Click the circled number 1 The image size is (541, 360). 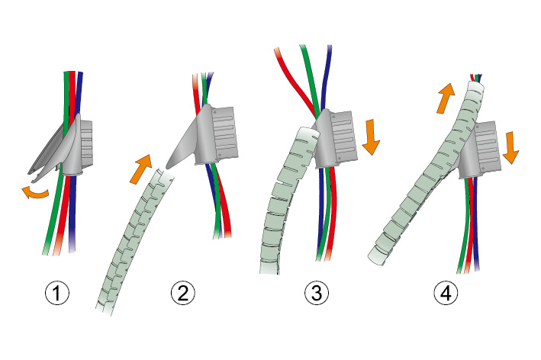pos(59,293)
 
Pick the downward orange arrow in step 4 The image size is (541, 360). pos(510,147)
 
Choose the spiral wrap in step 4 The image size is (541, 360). pos(427,183)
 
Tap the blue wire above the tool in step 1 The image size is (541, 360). pos(80,92)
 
